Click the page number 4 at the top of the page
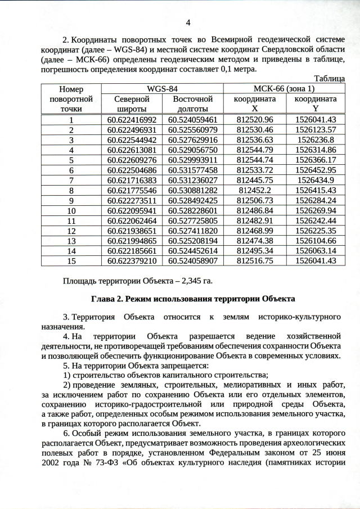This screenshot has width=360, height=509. click(x=188, y=22)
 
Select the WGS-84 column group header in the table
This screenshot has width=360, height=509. click(x=162, y=89)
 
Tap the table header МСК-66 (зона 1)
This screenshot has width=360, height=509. click(x=285, y=89)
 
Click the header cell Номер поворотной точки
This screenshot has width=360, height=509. click(x=71, y=98)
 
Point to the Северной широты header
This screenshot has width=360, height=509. click(x=131, y=103)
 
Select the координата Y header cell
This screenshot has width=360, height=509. click(x=316, y=103)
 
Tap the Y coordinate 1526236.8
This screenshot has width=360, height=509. click(x=316, y=139)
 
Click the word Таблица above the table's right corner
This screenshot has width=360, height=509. click(x=329, y=79)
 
